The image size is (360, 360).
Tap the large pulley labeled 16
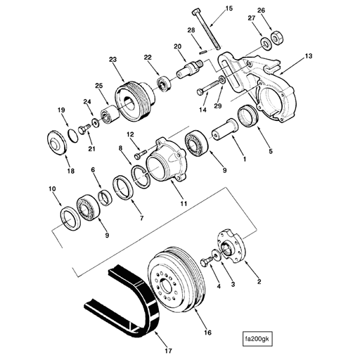click(176, 284)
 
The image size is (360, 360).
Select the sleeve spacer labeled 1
click(226, 131)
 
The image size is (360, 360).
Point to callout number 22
click(148, 58)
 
